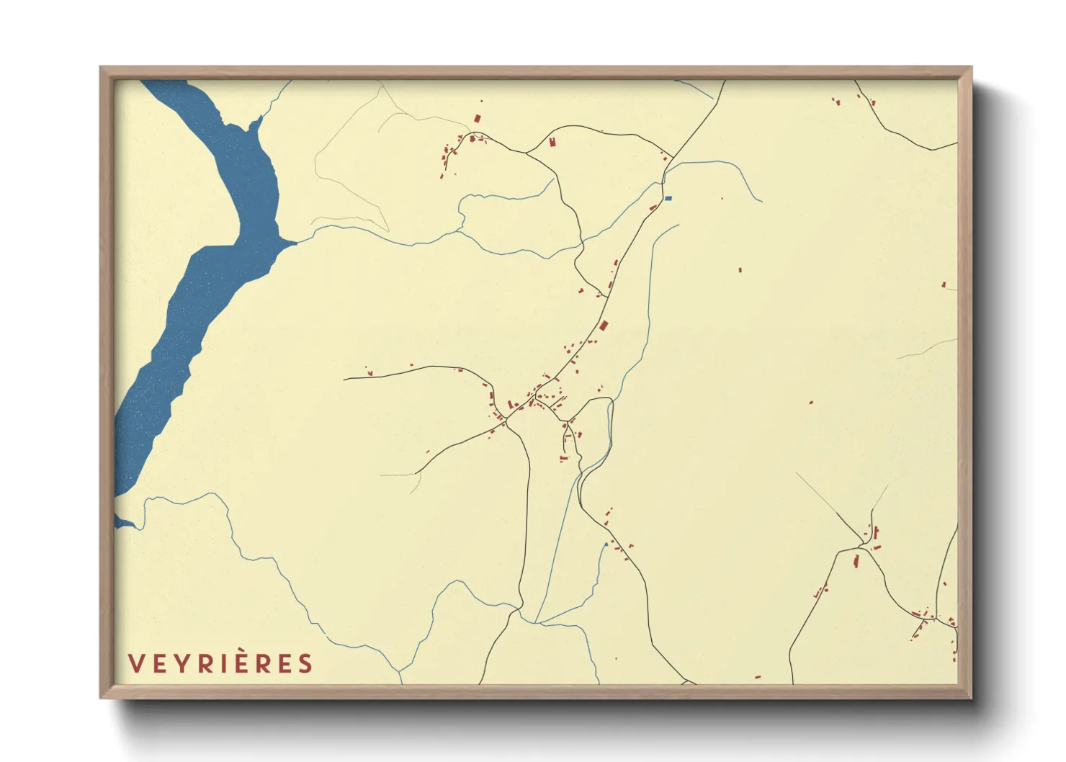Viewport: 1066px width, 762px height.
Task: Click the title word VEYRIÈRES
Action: tap(220, 663)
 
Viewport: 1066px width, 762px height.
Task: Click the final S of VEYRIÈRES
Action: tap(306, 663)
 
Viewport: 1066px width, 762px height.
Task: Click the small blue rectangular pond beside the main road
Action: tap(668, 198)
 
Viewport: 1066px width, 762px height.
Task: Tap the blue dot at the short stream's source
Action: tap(606, 544)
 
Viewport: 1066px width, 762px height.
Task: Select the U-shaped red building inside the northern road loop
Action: tap(552, 142)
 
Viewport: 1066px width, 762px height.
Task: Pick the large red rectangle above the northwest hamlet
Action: tap(477, 119)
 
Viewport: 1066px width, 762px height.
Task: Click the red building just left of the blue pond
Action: tap(653, 207)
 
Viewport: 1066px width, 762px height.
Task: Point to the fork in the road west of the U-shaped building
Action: tap(527, 153)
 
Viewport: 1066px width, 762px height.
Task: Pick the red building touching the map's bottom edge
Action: tap(758, 677)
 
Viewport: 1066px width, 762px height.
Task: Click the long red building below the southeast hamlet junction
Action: tap(856, 560)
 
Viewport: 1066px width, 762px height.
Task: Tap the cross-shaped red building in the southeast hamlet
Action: tap(876, 534)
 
